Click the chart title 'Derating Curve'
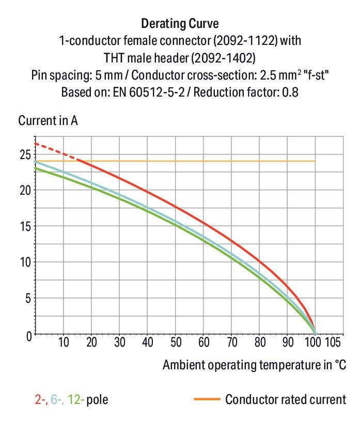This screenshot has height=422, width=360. pyautogui.click(x=180, y=23)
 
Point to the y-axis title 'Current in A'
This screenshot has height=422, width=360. pyautogui.click(x=48, y=121)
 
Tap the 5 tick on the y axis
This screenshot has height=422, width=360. pyautogui.click(x=27, y=299)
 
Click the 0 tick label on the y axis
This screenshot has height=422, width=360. pyautogui.click(x=27, y=335)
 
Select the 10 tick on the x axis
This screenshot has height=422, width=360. pyautogui.click(x=64, y=342)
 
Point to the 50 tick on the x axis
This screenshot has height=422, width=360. pyautogui.click(x=176, y=342)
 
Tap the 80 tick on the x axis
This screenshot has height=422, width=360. pyautogui.click(x=260, y=342)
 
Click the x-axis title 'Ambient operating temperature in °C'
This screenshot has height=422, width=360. pyautogui.click(x=254, y=365)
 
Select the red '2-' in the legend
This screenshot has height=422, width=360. pyautogui.click(x=40, y=399)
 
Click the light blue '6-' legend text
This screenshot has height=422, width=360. pyautogui.click(x=56, y=399)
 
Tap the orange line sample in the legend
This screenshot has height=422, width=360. pyautogui.click(x=207, y=399)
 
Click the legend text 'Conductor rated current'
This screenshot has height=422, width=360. pyautogui.click(x=285, y=399)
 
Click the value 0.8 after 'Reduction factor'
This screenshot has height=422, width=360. pyautogui.click(x=290, y=92)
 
